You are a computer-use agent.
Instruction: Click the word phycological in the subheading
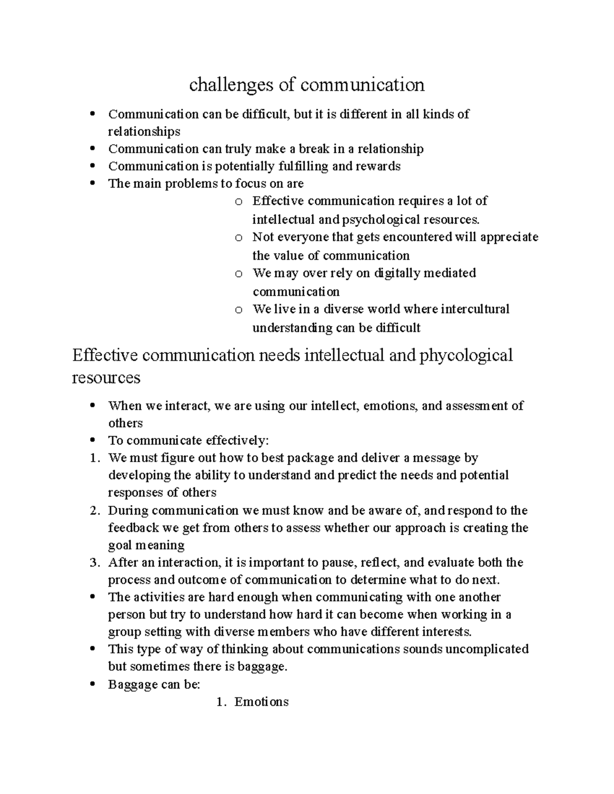click(466, 355)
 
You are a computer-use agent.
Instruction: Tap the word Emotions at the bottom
click(261, 702)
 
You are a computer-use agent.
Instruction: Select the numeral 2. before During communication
click(94, 510)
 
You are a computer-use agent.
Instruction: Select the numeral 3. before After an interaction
click(94, 563)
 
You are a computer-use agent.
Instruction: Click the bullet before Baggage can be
click(92, 685)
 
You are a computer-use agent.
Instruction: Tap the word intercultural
click(475, 309)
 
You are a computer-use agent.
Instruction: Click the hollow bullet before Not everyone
click(238, 238)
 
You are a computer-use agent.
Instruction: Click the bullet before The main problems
click(92, 184)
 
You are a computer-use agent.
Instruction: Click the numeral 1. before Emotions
click(221, 702)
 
